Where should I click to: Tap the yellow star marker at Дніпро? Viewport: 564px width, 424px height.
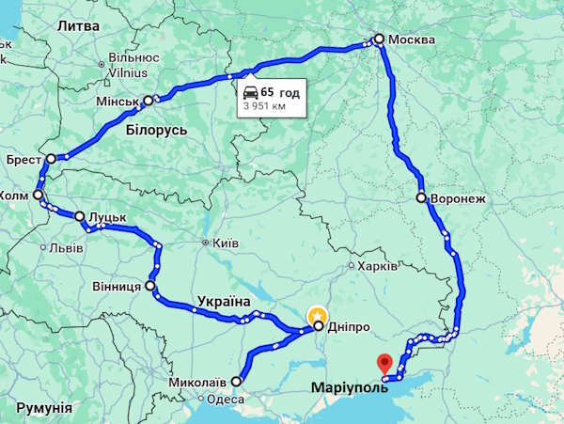[x=318, y=313]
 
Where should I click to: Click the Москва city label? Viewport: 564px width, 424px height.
[x=412, y=39]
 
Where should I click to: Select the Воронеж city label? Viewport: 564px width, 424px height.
[x=457, y=199]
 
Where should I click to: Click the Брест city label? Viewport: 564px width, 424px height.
[x=23, y=159]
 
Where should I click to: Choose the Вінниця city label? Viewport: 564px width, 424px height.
[x=117, y=285]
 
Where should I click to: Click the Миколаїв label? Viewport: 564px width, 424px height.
[x=197, y=382]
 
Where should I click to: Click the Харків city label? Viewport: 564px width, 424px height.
[x=378, y=267]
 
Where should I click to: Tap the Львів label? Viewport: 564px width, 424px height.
[x=67, y=248]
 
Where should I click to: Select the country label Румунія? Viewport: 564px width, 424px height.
[x=44, y=408]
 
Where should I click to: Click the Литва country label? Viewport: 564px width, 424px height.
[x=78, y=25]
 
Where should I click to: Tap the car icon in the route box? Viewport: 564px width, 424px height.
[x=251, y=92]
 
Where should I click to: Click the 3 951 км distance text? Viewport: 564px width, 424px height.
[x=264, y=107]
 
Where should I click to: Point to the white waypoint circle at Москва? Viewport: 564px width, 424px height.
[x=379, y=39]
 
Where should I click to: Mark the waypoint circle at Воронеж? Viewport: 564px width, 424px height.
[x=423, y=199]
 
